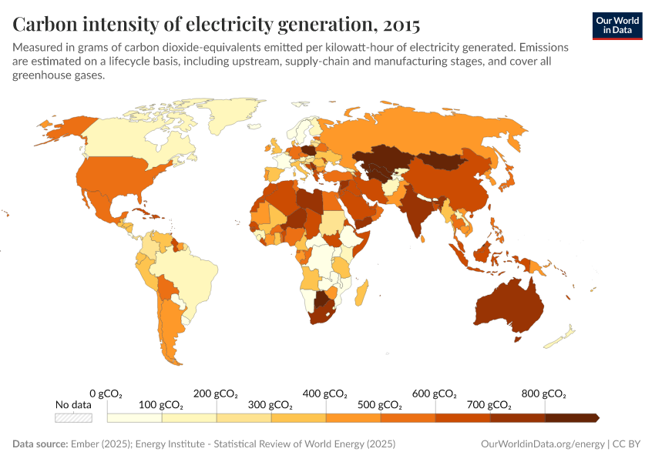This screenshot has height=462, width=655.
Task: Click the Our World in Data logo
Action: click(x=617, y=25)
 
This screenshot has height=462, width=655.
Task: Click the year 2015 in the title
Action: click(x=398, y=25)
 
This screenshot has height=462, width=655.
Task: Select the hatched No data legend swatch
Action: click(x=73, y=417)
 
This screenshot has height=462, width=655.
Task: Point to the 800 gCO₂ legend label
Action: click(x=543, y=393)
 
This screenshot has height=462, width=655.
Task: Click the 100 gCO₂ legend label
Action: click(x=161, y=405)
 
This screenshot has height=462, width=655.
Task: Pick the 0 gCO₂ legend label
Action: click(x=106, y=393)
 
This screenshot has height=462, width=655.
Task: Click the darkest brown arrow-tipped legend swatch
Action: click(x=571, y=417)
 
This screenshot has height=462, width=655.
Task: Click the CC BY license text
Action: click(x=627, y=444)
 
